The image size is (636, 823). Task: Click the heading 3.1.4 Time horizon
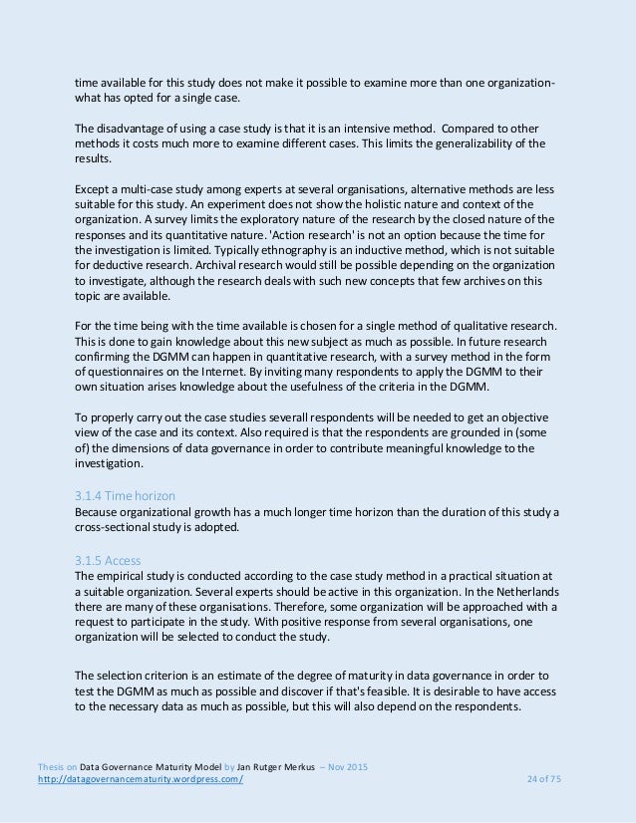126,494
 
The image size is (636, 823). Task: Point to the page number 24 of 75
543,779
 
